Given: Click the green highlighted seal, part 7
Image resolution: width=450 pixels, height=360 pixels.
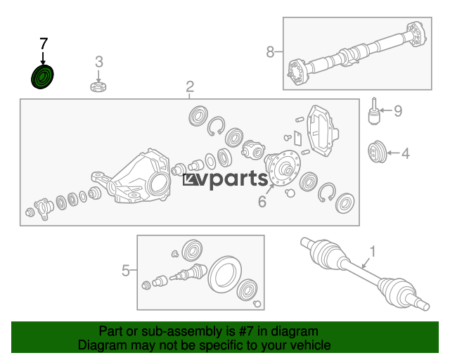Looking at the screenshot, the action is pyautogui.click(x=42, y=77).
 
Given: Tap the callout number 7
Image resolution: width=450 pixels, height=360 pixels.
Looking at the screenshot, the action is pyautogui.click(x=44, y=44).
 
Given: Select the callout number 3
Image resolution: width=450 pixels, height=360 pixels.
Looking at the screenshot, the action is pyautogui.click(x=99, y=62).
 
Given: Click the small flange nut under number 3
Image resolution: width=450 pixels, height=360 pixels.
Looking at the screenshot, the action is pyautogui.click(x=98, y=86).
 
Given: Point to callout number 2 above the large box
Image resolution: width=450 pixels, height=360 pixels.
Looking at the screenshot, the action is pyautogui.click(x=190, y=86).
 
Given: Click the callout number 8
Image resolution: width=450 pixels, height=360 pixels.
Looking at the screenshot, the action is pyautogui.click(x=270, y=52).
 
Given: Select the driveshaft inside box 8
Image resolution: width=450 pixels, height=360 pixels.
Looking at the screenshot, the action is pyautogui.click(x=356, y=54).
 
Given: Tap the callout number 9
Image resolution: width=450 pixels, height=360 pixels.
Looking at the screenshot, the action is pyautogui.click(x=398, y=111).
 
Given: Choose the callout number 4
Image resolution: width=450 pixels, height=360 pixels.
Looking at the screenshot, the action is pyautogui.click(x=406, y=153).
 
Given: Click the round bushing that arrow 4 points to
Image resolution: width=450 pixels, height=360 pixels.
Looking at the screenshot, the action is pyautogui.click(x=378, y=152).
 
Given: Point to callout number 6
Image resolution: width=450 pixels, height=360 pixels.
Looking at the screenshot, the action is pyautogui.click(x=262, y=202).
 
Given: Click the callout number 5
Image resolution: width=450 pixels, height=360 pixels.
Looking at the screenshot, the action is pyautogui.click(x=126, y=271).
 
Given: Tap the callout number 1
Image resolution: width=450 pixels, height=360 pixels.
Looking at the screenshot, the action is pyautogui.click(x=373, y=252).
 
